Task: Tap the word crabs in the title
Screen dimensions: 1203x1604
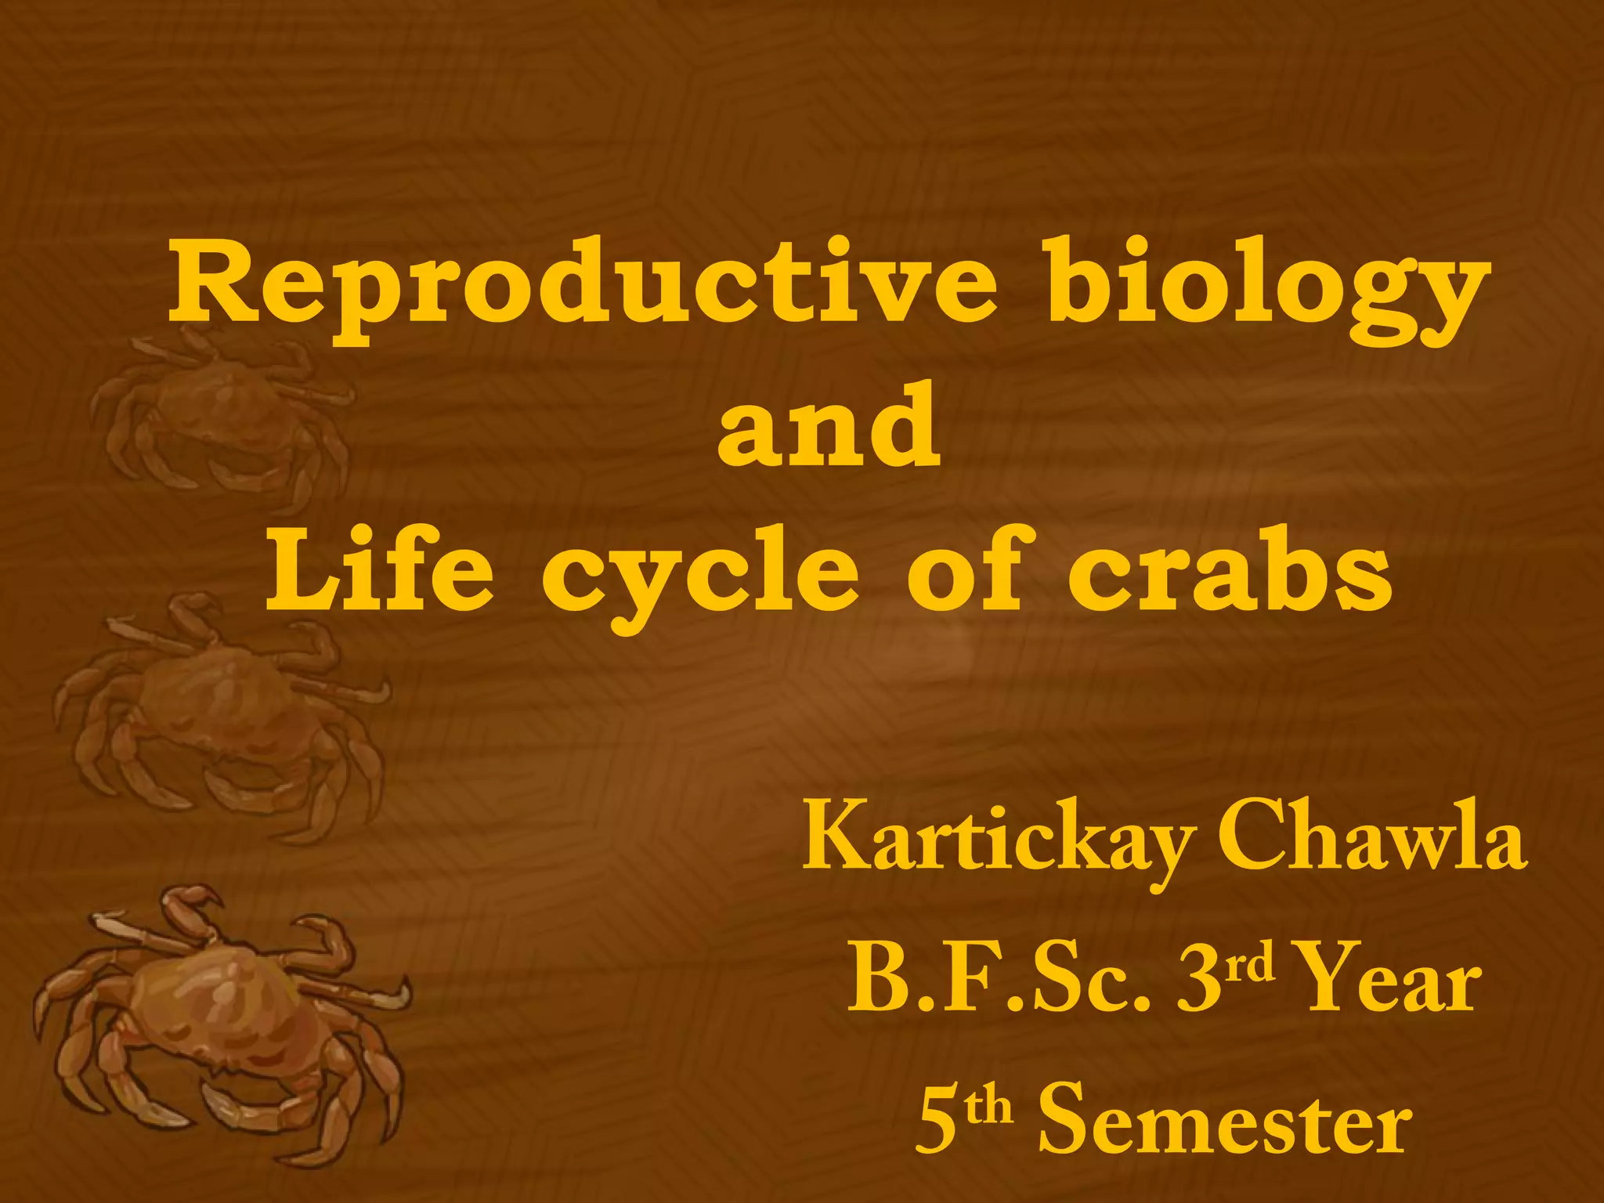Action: coord(1230,568)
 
